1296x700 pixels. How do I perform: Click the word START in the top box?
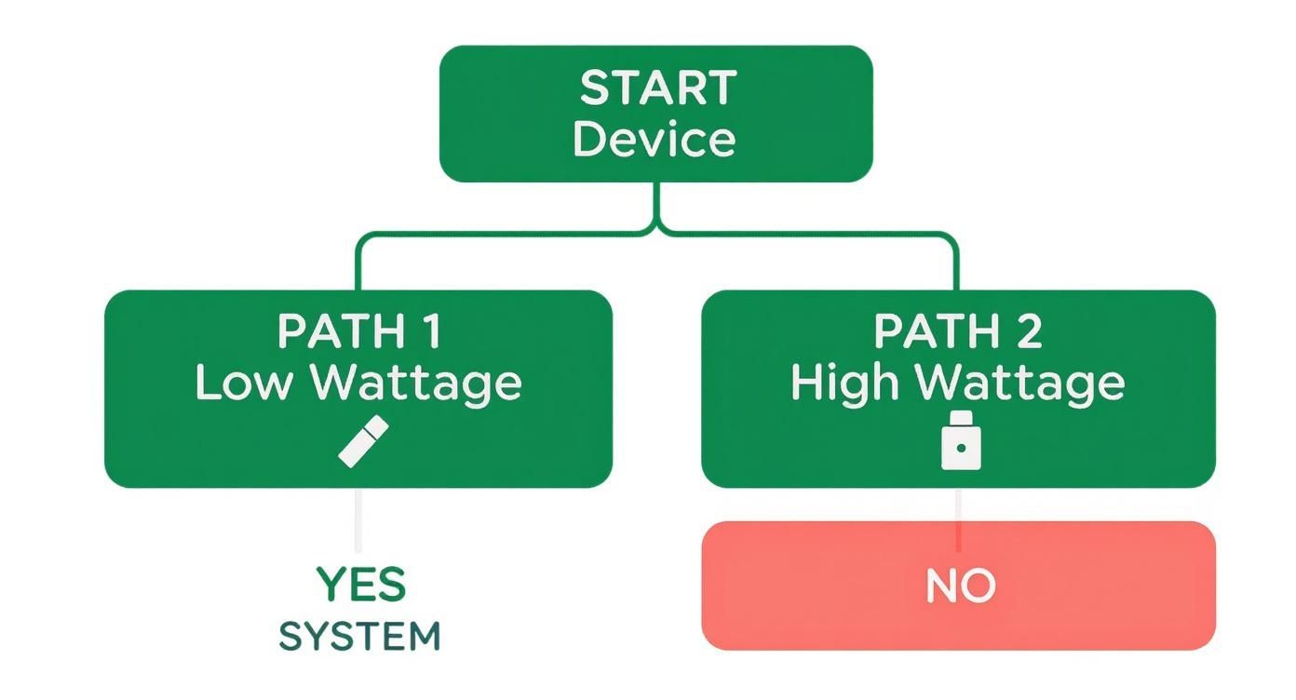coord(657,88)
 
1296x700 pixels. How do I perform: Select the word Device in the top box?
coord(654,139)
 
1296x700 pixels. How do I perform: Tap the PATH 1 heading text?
coord(358,331)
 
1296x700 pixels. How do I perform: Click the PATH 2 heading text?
coord(958,331)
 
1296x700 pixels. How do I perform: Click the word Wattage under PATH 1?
coord(415,384)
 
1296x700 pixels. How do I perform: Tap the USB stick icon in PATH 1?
coord(362,442)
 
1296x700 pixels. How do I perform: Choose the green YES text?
coord(360,585)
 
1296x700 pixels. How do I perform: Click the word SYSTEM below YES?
coord(359,638)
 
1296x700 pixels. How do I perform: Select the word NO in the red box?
coord(960,586)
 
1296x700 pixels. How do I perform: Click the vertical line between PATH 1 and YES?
coord(358,521)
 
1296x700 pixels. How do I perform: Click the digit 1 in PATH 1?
coord(431,331)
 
